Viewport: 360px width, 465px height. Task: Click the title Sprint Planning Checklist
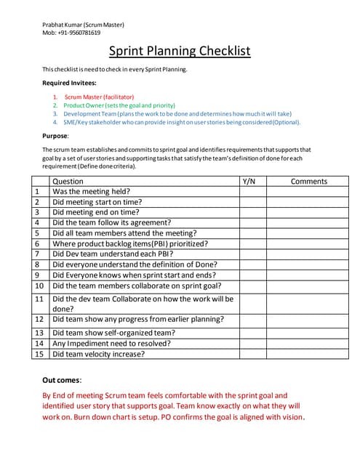tap(180, 51)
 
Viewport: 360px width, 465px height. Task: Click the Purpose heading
tap(56, 135)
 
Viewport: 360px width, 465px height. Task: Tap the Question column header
tap(68, 181)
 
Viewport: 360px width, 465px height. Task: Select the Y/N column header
tap(248, 181)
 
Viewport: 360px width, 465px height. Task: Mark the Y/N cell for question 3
tap(248, 212)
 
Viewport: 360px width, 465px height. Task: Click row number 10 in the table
tap(39, 286)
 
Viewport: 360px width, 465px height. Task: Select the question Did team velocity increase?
tap(99, 354)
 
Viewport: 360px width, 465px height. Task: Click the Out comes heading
tap(62, 380)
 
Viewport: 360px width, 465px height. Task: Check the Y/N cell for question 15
tap(248, 354)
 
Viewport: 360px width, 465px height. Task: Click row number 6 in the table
tap(36, 243)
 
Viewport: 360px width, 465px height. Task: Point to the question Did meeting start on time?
tap(97, 202)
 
